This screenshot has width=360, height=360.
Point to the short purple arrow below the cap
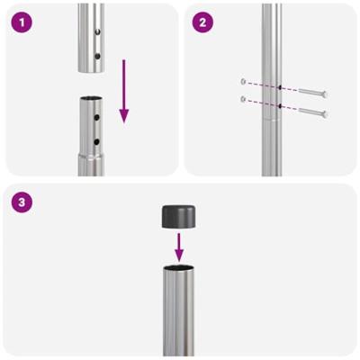click(x=179, y=245)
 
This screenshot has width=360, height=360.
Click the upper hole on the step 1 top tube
click(x=97, y=31)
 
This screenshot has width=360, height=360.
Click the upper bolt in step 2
click(x=308, y=93)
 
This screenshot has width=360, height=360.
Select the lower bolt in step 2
click(x=308, y=112)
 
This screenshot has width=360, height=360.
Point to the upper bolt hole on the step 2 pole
click(x=280, y=88)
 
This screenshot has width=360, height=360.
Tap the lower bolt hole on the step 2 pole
click(x=280, y=106)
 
